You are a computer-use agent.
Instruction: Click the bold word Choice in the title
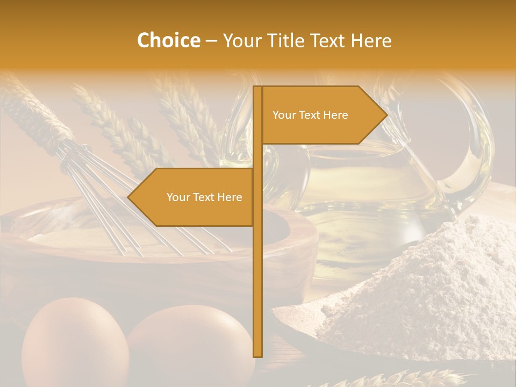[168, 40]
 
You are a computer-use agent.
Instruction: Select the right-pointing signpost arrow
[322, 115]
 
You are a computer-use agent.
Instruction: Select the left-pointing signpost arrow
[193, 197]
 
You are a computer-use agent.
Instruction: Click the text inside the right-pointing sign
[310, 115]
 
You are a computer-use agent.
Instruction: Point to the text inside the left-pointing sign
[204, 197]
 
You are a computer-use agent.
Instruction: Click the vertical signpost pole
[257, 269]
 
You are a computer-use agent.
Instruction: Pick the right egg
[188, 344]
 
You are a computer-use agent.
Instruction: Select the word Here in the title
[371, 40]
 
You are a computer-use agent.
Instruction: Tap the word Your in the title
[241, 40]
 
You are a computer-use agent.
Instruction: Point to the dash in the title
[211, 41]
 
